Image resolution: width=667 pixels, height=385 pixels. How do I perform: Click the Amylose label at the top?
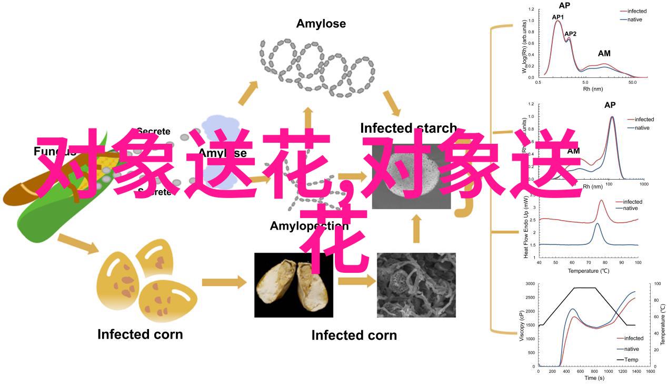321,24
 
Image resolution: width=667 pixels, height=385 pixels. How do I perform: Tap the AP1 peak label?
558,17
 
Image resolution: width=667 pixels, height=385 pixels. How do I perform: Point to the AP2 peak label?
570,34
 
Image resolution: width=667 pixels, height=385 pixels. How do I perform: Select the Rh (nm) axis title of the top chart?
593,89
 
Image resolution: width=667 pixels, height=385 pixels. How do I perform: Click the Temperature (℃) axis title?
588,271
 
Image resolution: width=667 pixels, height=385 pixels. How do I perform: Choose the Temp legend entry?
631,360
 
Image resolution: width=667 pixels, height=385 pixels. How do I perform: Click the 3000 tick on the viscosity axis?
530,284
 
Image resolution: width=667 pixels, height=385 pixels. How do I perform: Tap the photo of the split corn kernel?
293,285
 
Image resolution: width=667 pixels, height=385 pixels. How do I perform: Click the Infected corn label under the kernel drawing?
140,334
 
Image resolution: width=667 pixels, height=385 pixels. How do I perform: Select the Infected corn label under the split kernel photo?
354,335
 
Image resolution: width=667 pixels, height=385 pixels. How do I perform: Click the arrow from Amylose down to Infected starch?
392,103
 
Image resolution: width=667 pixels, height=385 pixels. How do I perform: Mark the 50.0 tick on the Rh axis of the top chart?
633,83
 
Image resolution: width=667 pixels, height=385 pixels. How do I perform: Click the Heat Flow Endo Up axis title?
526,227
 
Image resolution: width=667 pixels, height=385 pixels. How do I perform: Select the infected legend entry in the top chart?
633,11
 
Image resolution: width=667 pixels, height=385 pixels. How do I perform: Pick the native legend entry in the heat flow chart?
630,208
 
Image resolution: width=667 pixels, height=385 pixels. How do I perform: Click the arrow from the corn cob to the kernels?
77,244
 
